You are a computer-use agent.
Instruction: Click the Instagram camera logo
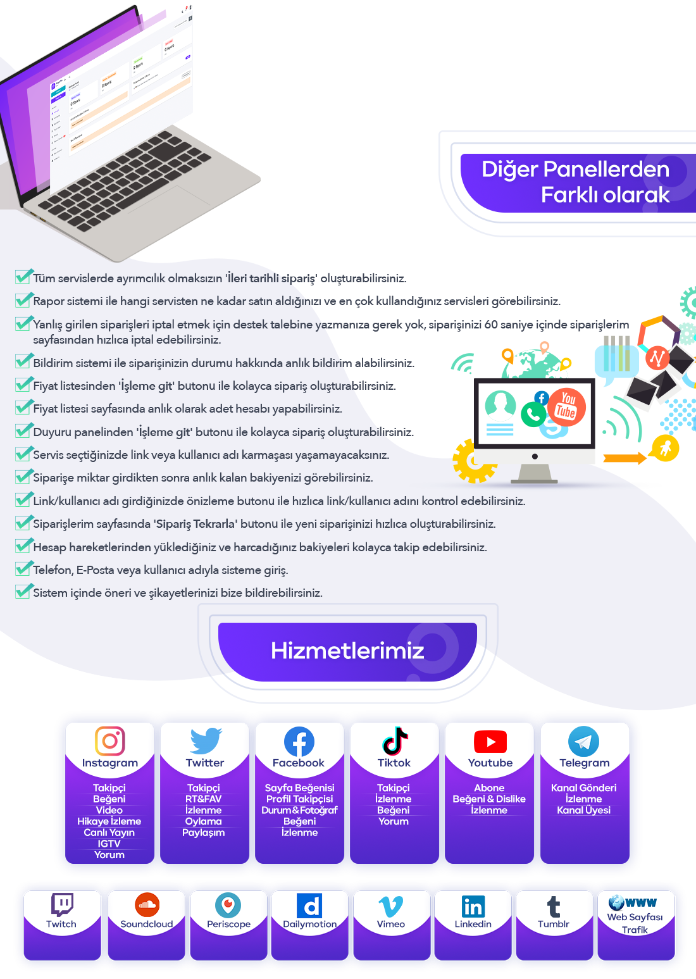pos(109,740)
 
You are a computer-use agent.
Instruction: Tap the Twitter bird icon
pos(206,741)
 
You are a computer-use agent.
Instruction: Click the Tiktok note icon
pos(395,741)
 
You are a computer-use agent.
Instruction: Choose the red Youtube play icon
pos(490,742)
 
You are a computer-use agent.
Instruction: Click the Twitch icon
pos(62,905)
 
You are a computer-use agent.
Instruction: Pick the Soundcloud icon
pos(147,905)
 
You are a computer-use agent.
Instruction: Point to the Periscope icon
pos(228,905)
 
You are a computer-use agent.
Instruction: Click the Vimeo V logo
pos(390,906)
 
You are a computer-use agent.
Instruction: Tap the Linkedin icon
pos(473,906)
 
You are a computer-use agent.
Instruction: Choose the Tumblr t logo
pos(554,906)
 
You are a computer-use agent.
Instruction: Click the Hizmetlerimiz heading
pos(347,651)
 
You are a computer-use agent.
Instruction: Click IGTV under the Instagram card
pos(109,844)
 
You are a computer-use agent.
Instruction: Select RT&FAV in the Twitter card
pos(204,799)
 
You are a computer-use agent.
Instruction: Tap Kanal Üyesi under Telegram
pos(584,810)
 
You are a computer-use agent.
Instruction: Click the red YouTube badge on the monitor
pos(566,407)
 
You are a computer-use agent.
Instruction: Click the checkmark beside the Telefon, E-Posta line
pos(23,569)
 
